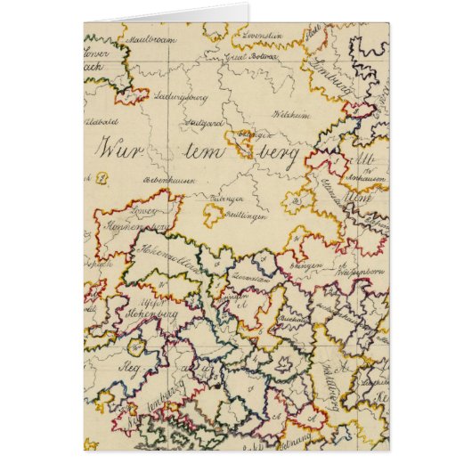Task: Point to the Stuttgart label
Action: click(x=204, y=122)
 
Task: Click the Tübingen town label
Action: click(x=229, y=200)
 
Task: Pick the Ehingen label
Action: click(x=304, y=264)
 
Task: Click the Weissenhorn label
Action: click(x=355, y=267)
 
